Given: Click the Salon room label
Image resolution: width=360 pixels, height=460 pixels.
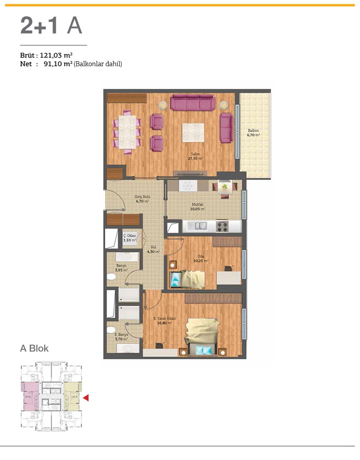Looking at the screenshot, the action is click(x=195, y=154).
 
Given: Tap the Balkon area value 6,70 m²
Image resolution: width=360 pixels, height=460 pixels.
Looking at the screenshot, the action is click(x=253, y=135).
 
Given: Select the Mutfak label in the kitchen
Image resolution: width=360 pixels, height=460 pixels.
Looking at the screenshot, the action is click(x=198, y=205).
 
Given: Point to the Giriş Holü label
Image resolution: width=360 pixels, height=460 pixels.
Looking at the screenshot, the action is click(x=142, y=197).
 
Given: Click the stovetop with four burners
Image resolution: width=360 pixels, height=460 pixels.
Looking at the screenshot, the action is click(x=222, y=226).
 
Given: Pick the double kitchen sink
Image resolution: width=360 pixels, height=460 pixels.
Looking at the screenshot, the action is click(x=198, y=226).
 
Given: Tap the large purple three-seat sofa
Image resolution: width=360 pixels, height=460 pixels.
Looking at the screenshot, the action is click(x=193, y=103).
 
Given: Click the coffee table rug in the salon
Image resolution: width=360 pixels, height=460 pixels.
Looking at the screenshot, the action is click(x=193, y=133).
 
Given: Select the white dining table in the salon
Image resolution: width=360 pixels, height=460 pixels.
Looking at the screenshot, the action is click(x=127, y=132).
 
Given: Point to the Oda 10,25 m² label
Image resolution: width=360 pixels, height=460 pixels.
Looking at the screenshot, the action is click(x=201, y=259).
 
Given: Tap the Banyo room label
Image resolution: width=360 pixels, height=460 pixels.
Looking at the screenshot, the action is click(x=121, y=266).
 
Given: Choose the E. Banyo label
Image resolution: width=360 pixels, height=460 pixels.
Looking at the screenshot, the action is click(x=121, y=335).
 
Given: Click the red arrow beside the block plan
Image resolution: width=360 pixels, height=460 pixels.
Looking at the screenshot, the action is click(x=86, y=398).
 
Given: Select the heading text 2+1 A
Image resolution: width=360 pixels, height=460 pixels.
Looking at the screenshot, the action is click(x=51, y=26).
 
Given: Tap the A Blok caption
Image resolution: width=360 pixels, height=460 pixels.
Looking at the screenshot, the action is click(x=34, y=348).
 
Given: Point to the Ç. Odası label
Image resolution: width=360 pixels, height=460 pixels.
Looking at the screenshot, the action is click(x=130, y=236).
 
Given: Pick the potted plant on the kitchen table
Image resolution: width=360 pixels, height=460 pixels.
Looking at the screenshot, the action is click(x=225, y=187).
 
